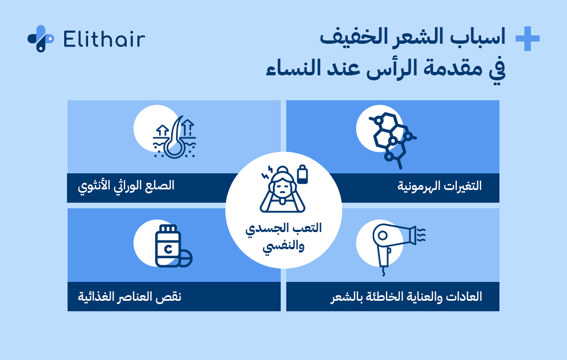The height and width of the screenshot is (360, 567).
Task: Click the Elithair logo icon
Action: [40, 38]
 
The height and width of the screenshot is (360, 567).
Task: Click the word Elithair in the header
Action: [104, 39]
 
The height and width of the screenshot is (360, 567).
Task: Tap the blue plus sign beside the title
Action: [527, 39]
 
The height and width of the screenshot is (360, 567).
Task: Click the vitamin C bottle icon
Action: [167, 246]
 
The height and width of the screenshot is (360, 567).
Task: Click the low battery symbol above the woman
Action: [302, 174]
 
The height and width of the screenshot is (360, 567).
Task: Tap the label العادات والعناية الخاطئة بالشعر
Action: [406, 296]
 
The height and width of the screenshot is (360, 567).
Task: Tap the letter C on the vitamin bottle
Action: [166, 249]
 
